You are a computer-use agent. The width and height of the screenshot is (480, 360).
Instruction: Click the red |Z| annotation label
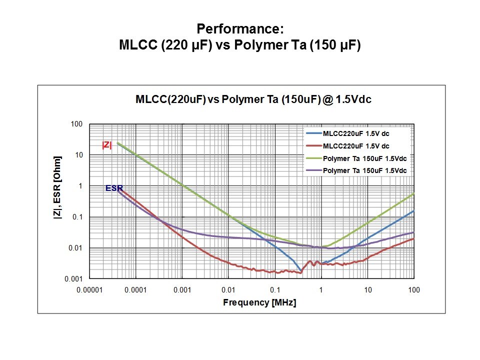107,145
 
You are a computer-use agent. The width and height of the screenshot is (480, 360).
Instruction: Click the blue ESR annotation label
113,188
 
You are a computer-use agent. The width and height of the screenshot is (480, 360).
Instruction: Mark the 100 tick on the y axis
76,124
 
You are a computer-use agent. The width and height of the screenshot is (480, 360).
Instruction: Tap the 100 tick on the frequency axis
413,289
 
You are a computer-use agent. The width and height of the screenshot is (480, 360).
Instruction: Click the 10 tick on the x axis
367,289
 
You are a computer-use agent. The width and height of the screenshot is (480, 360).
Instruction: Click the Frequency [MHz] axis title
259,302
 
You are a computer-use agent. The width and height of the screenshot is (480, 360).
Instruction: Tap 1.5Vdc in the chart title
353,99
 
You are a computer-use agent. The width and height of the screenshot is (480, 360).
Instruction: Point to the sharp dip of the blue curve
301,271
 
